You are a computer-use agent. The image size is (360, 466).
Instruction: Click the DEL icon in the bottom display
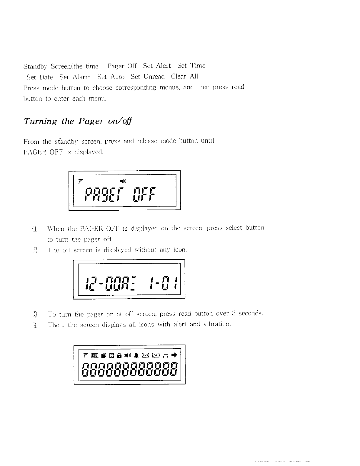94,356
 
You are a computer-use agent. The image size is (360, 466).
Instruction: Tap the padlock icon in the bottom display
119,356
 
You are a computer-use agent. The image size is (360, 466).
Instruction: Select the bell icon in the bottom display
136,355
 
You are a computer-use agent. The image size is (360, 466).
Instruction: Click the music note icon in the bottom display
166,355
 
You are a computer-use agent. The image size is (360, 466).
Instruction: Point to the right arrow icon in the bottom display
174,355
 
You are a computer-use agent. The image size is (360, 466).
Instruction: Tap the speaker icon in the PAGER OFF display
123,180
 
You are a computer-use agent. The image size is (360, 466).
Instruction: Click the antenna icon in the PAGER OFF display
81,180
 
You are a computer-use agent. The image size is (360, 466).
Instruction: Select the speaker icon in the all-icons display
128,355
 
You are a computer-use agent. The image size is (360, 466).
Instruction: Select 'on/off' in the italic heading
120,121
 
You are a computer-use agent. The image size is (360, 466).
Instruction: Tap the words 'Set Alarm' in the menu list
75,77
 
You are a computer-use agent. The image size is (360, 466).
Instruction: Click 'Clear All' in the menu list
184,76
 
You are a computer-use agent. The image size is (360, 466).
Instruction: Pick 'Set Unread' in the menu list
148,77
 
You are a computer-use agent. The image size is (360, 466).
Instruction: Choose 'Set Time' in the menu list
191,66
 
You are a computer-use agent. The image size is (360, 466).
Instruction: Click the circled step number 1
35,229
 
